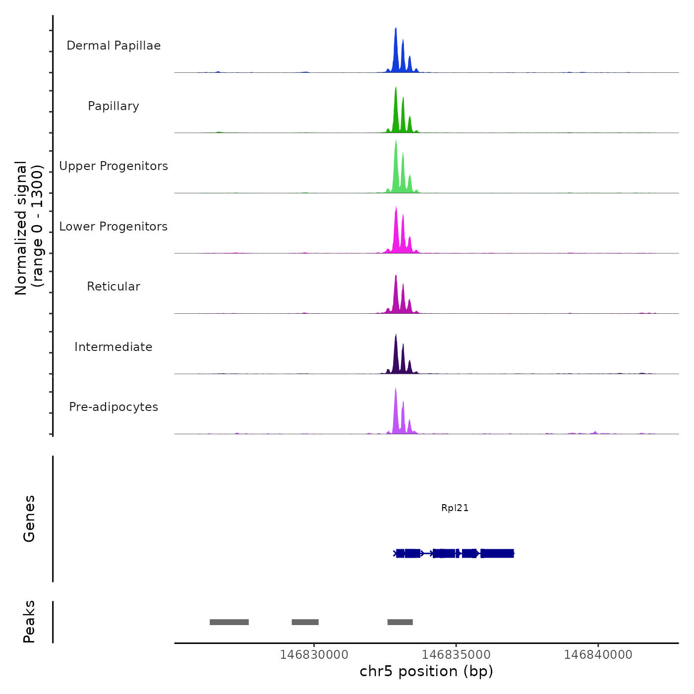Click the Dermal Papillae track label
pos(114,46)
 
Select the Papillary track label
pos(114,106)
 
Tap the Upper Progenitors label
pos(114,166)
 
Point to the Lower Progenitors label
pos(114,227)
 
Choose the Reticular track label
pos(114,287)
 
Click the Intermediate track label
pos(114,347)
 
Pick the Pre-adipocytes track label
pos(114,407)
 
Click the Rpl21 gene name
pos(455,508)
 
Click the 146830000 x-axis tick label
pos(314,655)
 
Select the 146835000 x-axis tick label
pos(456,655)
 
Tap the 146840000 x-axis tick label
pos(598,655)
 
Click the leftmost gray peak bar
pos(229,622)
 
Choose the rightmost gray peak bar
pos(400,622)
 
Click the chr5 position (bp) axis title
pos(426,671)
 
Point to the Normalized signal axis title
pos(29,228)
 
